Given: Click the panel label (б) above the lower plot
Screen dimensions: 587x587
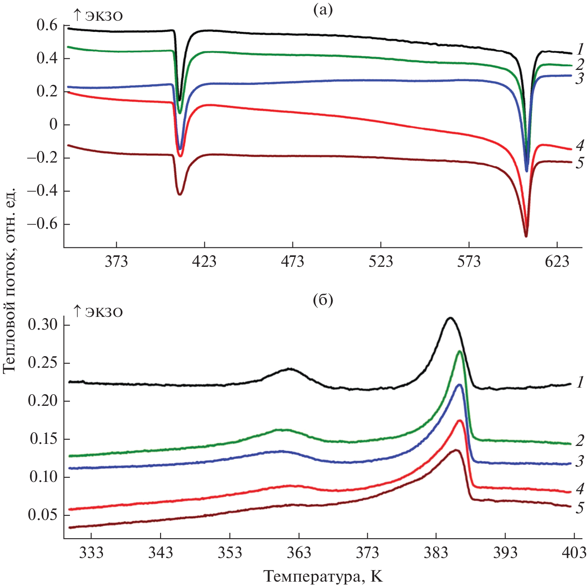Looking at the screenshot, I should (x=323, y=299).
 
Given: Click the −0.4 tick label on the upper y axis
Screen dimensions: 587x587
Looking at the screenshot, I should (x=43, y=191).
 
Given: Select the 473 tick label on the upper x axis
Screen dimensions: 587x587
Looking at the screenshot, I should (x=292, y=262).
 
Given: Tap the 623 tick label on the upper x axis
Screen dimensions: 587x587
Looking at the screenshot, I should (x=557, y=262).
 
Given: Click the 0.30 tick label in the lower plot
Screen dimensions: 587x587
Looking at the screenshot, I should (x=43, y=325).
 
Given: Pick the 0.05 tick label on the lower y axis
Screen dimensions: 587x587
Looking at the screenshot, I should (x=43, y=515).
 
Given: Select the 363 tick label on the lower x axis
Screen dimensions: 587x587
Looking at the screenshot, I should (x=298, y=553).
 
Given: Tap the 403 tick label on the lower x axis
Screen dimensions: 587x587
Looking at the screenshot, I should (x=574, y=553).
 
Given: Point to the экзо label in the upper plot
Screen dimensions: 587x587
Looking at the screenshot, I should (x=98, y=16).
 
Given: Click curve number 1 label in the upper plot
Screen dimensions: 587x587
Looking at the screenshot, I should (x=580, y=50).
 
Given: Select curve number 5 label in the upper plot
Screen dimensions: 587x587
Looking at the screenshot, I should (x=580, y=163).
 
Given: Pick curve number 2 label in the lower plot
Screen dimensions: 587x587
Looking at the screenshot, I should (x=580, y=441).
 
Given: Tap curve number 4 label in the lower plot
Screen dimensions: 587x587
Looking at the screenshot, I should (x=580, y=489).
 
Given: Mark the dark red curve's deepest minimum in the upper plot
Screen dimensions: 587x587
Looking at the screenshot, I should (x=526, y=236).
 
